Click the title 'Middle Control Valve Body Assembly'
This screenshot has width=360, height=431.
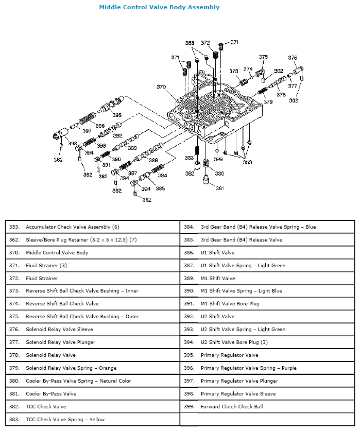pos(159,7)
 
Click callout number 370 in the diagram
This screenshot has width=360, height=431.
pos(161,87)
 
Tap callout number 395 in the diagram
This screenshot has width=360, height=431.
pos(117,115)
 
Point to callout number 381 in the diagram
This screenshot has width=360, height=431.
pos(220,188)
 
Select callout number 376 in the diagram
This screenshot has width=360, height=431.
pos(293,58)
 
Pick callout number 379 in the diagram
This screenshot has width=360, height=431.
pos(268,102)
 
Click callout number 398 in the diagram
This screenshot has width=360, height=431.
pos(73,144)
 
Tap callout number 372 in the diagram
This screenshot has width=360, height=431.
pos(205,43)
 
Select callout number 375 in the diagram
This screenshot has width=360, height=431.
pos(263,57)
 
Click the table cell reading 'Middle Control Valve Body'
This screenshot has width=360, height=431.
pos(57,252)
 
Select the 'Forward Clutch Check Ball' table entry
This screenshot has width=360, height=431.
pos(232,406)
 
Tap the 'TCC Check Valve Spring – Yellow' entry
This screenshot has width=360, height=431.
pos(65,419)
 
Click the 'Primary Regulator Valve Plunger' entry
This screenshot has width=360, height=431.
pos(239,381)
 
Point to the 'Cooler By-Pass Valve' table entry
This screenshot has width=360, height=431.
pos(51,393)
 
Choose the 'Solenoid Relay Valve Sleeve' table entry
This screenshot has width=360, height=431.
pos(59,330)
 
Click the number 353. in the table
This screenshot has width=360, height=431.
pos(14,227)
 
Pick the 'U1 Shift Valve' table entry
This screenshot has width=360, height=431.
pos(217,252)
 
